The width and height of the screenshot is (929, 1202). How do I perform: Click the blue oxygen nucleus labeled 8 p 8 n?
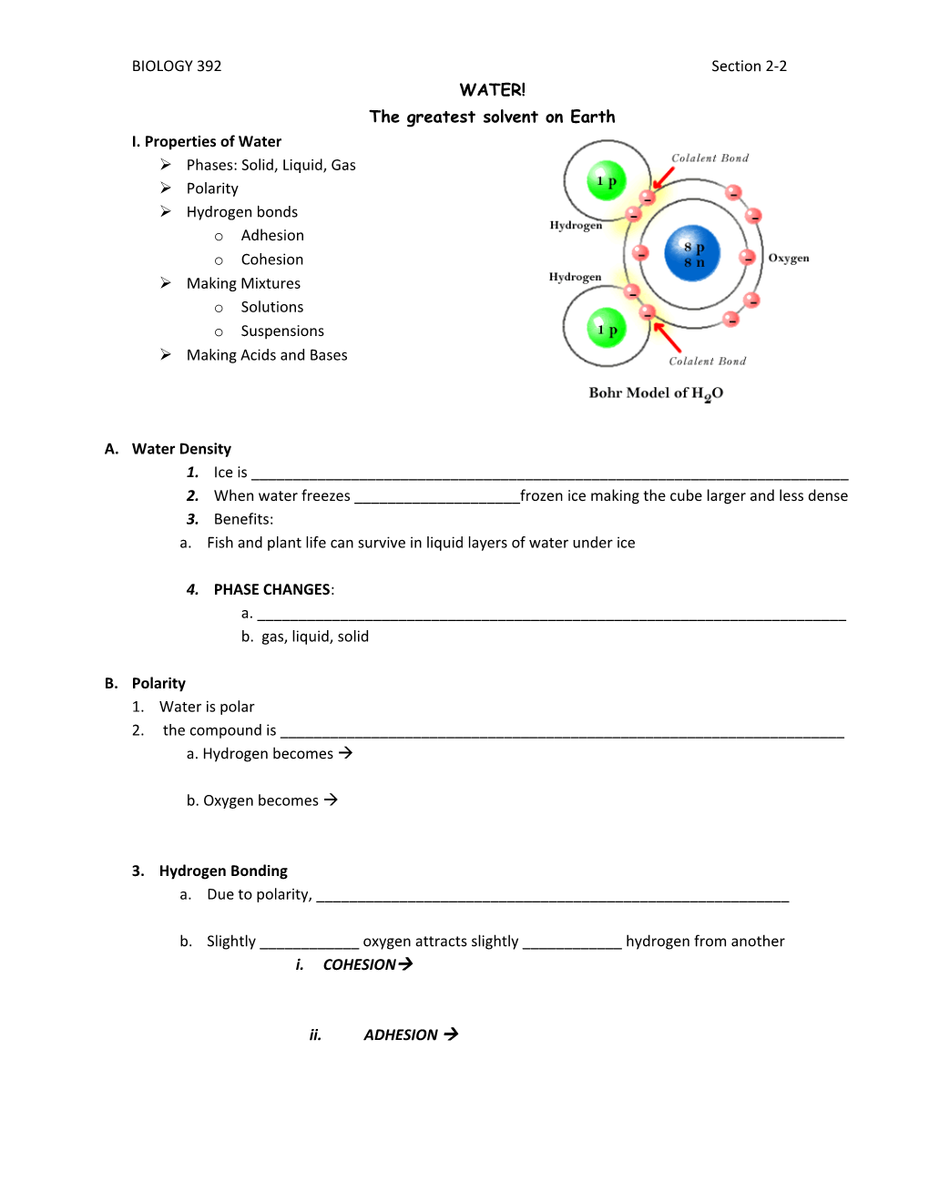pyautogui.click(x=693, y=253)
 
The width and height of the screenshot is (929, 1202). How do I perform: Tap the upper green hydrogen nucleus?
pyautogui.click(x=607, y=180)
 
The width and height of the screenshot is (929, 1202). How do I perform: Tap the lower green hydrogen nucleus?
pyautogui.click(x=607, y=329)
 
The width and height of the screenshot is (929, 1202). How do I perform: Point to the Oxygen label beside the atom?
pyautogui.click(x=789, y=258)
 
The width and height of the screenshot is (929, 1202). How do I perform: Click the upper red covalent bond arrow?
pyautogui.click(x=663, y=178)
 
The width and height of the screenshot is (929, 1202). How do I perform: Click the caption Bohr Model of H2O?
pyautogui.click(x=656, y=393)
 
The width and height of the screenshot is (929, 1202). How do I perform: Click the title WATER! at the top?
pyautogui.click(x=492, y=90)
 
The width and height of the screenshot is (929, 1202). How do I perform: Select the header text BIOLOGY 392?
pyautogui.click(x=177, y=66)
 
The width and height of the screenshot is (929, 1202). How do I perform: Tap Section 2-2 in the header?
pyautogui.click(x=749, y=66)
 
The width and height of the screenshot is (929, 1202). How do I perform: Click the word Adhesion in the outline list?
pyautogui.click(x=272, y=236)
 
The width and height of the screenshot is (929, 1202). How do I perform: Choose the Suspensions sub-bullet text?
pyautogui.click(x=282, y=331)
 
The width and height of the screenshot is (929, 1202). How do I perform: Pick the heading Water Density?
pyautogui.click(x=181, y=449)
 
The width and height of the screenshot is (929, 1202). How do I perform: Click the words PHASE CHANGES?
pyautogui.click(x=272, y=590)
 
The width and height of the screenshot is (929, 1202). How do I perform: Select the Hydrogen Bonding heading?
pyautogui.click(x=223, y=871)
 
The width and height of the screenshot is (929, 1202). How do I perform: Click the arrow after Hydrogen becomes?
pyautogui.click(x=345, y=753)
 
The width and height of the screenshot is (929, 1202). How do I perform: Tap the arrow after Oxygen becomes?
pyautogui.click(x=331, y=800)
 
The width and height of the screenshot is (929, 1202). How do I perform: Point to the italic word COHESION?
pyautogui.click(x=360, y=965)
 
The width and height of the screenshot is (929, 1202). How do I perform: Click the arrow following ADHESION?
pyautogui.click(x=451, y=1034)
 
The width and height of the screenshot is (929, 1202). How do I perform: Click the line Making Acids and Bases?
pyautogui.click(x=267, y=355)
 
